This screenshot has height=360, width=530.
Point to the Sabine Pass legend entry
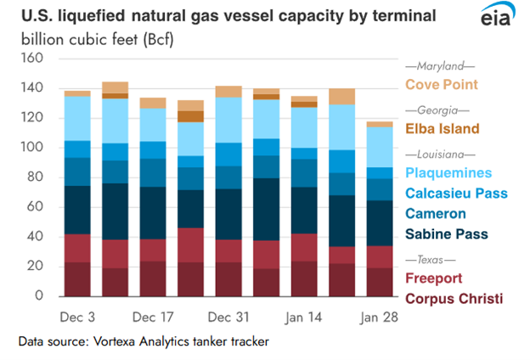point(446,233)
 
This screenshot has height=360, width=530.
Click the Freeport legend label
point(435,278)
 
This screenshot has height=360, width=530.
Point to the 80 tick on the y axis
point(34,177)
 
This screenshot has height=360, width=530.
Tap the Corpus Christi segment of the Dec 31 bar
point(228,279)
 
